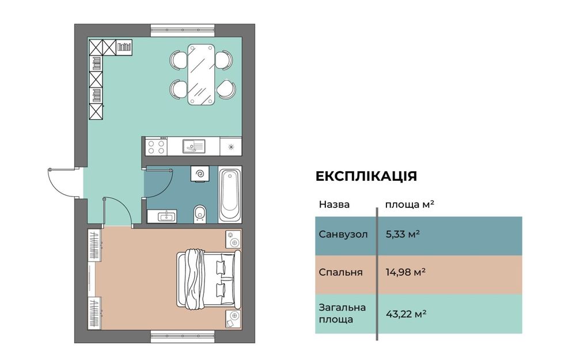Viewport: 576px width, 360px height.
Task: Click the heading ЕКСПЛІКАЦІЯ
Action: coord(366,176)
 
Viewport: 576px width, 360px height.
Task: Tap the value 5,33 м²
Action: coord(402,234)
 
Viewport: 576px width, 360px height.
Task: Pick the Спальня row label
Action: coord(340,272)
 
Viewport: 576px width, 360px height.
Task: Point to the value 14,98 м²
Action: coord(406,272)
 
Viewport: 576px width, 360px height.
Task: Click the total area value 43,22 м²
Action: coord(406,314)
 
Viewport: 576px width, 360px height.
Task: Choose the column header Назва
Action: coord(334,204)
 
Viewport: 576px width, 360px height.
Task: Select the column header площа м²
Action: coord(409,204)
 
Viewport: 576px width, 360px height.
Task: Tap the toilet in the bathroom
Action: coord(200,213)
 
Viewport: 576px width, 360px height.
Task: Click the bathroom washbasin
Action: coord(165,216)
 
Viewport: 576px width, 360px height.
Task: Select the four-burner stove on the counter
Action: coord(156,146)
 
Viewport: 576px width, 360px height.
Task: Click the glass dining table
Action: coord(202,74)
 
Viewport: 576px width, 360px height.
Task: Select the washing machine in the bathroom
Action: coord(200,175)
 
